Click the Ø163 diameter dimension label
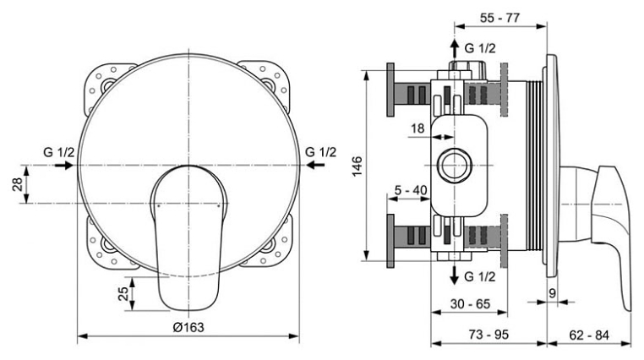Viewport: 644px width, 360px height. pyautogui.click(x=188, y=327)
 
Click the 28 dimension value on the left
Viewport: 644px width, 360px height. pyautogui.click(x=18, y=184)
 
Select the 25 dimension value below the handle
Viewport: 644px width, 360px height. pyautogui.click(x=123, y=293)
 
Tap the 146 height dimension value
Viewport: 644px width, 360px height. pyautogui.click(x=357, y=166)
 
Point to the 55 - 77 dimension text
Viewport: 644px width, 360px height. pyautogui.click(x=499, y=18)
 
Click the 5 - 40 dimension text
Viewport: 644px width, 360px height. pyautogui.click(x=411, y=190)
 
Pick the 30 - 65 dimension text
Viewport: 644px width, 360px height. pyautogui.click(x=470, y=303)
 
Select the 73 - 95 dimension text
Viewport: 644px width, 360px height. pyautogui.click(x=488, y=335)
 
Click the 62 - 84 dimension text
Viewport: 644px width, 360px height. pyautogui.click(x=589, y=335)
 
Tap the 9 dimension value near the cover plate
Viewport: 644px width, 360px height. pyautogui.click(x=552, y=293)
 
